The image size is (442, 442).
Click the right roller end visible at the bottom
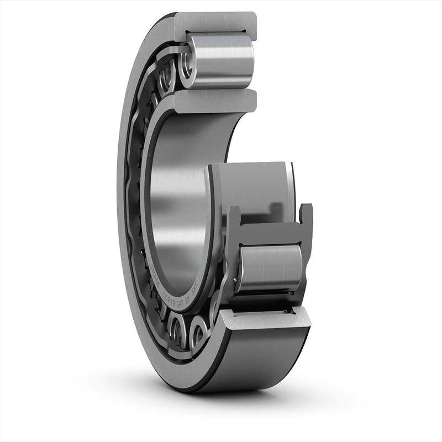pos(197,335)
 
